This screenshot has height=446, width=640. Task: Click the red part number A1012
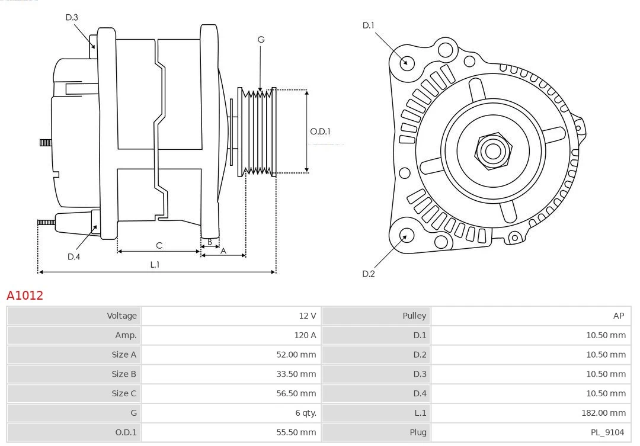[25, 295]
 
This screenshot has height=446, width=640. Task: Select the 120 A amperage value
[305, 335]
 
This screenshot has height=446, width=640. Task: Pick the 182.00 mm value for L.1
[604, 413]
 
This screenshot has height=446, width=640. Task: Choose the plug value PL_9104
[607, 432]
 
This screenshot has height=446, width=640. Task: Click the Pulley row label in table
[414, 316]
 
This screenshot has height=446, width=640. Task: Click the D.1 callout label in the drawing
[369, 25]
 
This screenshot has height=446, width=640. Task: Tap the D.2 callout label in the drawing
[369, 274]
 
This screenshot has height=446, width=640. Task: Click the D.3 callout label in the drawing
[72, 18]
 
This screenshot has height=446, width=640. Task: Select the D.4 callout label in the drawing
[73, 256]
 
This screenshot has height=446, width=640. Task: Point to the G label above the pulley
[261, 40]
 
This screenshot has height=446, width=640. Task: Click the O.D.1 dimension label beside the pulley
[321, 131]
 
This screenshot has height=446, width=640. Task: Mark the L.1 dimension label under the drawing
[155, 265]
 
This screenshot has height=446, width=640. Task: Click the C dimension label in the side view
[159, 245]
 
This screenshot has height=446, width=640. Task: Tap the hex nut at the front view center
[492, 150]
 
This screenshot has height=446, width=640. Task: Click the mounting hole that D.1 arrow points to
[407, 62]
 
